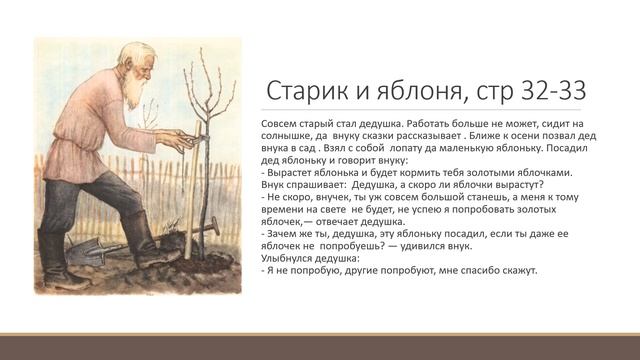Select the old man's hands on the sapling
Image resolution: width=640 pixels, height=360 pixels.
(x=186, y=137)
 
